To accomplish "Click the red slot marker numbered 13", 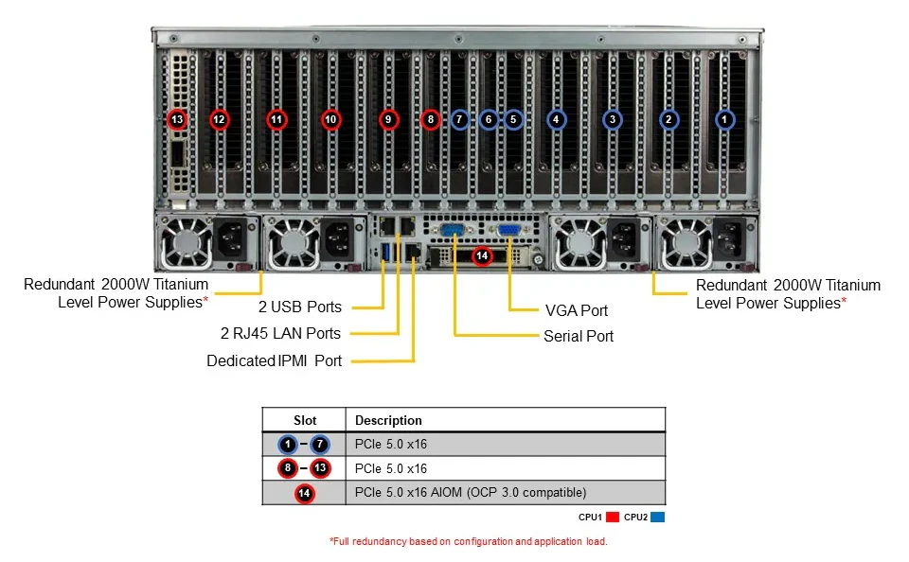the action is pyautogui.click(x=177, y=120).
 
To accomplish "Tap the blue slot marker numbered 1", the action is pyautogui.click(x=724, y=120).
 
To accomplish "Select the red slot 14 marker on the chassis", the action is pyautogui.click(x=482, y=255).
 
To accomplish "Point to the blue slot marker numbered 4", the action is pyautogui.click(x=556, y=120).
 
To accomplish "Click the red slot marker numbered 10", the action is pyautogui.click(x=330, y=120).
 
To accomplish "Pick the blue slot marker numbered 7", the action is pyautogui.click(x=459, y=120).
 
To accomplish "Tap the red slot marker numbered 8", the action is pyautogui.click(x=430, y=120).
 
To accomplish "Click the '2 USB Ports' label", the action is pyautogui.click(x=300, y=307).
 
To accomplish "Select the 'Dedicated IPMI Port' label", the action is pyautogui.click(x=275, y=361).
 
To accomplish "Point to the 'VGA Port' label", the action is pyautogui.click(x=577, y=311).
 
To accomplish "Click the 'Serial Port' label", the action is pyautogui.click(x=579, y=336).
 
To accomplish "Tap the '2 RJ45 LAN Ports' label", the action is pyautogui.click(x=280, y=334).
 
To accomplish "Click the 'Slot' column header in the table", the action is pyautogui.click(x=305, y=421).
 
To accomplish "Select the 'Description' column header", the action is pyautogui.click(x=388, y=421).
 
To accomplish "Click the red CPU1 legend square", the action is pyautogui.click(x=613, y=517).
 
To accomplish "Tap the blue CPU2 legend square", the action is pyautogui.click(x=657, y=517).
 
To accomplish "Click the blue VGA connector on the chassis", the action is pyautogui.click(x=508, y=231).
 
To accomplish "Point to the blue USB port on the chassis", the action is pyautogui.click(x=383, y=253).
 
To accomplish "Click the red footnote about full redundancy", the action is pyautogui.click(x=469, y=542).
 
